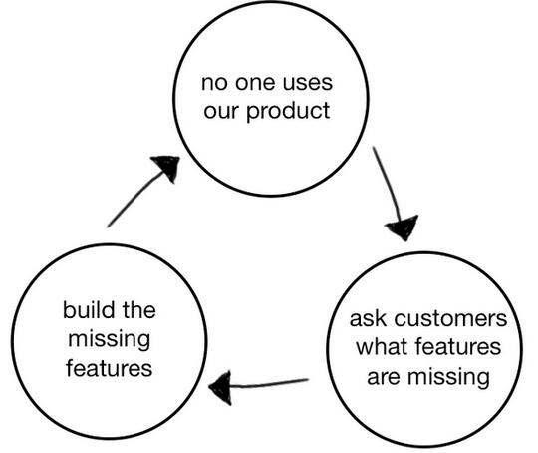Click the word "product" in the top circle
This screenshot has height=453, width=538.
point(288,112)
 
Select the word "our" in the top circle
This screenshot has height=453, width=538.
point(221,112)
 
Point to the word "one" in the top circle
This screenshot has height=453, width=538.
point(255,83)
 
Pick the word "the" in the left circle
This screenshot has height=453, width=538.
point(138,309)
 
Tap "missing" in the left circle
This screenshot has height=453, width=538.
point(110,340)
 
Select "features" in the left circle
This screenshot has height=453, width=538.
point(110,368)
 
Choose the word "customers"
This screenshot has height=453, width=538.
point(450,319)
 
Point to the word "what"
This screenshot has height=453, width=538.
point(383,347)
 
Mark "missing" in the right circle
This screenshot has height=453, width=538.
point(448,378)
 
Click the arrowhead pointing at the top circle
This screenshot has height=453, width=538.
point(167,167)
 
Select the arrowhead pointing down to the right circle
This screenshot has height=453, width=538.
point(403,227)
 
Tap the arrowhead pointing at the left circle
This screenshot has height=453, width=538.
point(221,388)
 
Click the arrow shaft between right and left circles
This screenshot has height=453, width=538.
point(269,384)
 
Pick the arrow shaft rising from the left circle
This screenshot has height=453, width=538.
point(135,199)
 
